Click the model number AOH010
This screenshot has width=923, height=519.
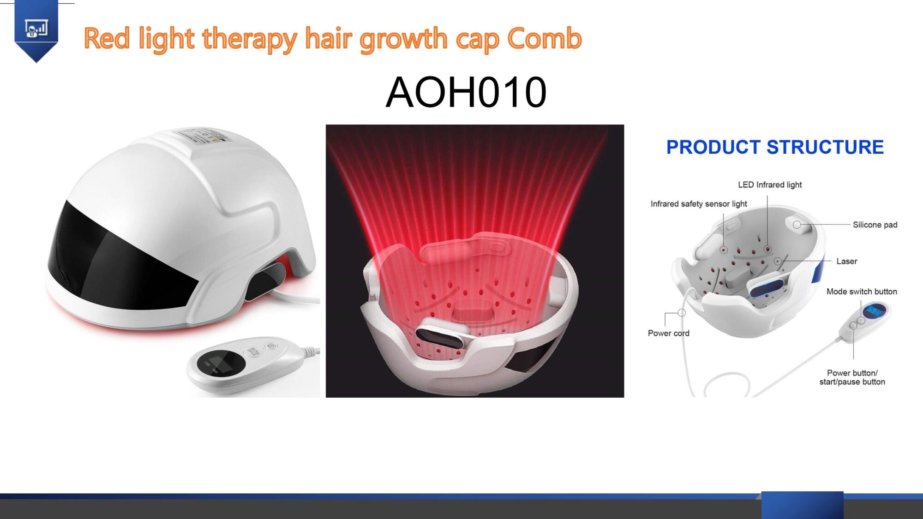pos(466,92)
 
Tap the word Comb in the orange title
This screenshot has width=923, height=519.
pos(545,38)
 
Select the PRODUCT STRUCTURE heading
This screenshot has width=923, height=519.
pos(775,147)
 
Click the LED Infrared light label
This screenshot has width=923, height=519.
pos(770,185)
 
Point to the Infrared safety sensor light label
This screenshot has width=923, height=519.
pos(699,204)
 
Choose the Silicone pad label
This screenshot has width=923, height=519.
pos(875,225)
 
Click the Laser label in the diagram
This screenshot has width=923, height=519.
pos(847,261)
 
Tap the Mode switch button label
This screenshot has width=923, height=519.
pos(862,292)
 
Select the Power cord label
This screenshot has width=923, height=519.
pos(669,333)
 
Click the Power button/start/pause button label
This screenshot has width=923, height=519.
pos(852,377)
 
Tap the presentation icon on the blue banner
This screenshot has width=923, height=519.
pos(36,29)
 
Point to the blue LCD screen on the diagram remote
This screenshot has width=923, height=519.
pos(874,310)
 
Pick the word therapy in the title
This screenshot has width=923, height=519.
pos(250,39)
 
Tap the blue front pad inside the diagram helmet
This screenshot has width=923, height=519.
pos(767,288)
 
